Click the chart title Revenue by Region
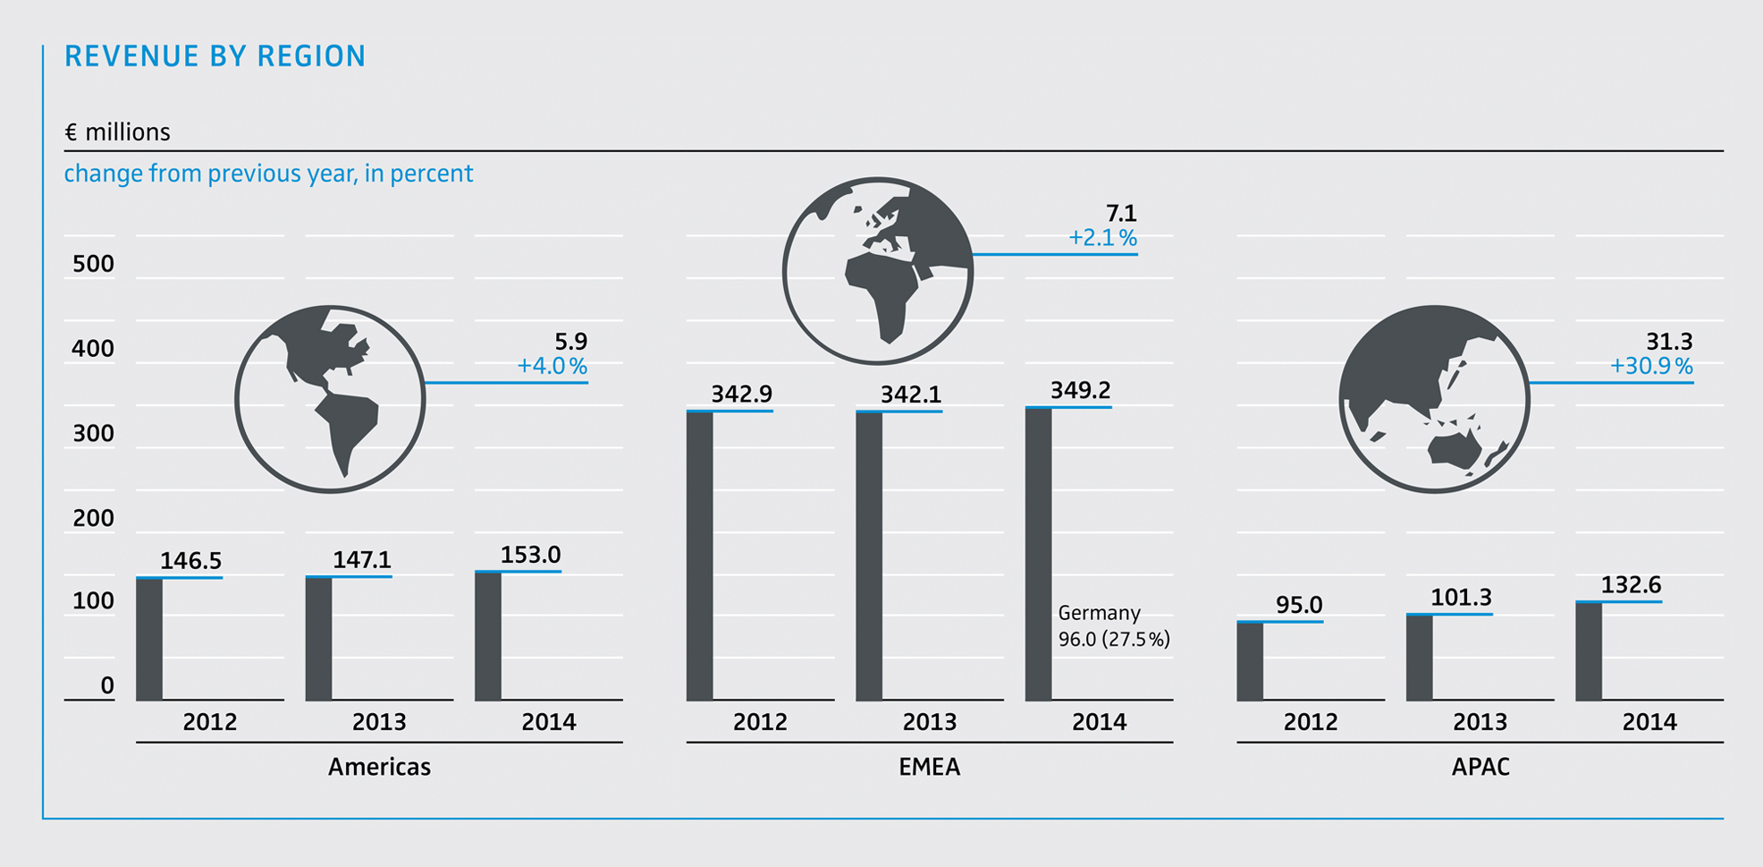click(x=215, y=56)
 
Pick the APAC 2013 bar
click(x=1419, y=657)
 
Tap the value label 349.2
click(x=1080, y=390)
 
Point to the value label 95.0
click(x=1298, y=605)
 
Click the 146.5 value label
click(x=190, y=561)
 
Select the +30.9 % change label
click(x=1650, y=366)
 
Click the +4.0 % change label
click(x=552, y=366)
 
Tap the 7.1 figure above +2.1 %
click(x=1121, y=214)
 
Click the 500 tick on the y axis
click(x=93, y=264)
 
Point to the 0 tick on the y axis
click(x=107, y=685)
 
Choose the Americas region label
click(x=379, y=767)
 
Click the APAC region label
click(x=1480, y=767)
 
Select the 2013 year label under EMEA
click(x=929, y=722)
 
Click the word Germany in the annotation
click(x=1099, y=613)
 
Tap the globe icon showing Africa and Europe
click(x=877, y=270)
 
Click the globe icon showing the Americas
click(x=329, y=399)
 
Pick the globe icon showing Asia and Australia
click(x=1433, y=399)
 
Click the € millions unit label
click(x=117, y=132)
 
